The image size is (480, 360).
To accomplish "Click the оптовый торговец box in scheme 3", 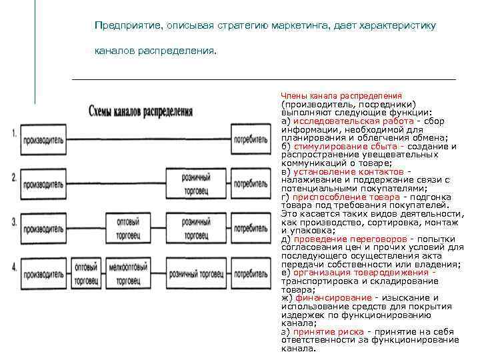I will [x=128, y=229].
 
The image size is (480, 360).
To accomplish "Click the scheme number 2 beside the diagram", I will [x=14, y=178].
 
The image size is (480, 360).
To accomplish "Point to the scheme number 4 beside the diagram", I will [x=14, y=267].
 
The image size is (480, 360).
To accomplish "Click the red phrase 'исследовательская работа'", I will [x=335, y=121].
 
